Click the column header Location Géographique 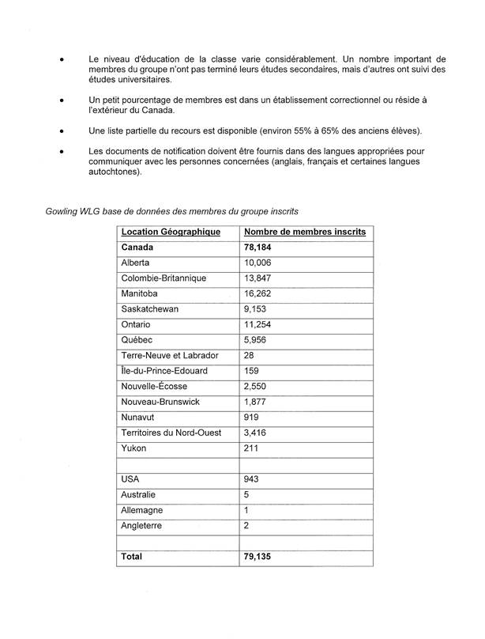pos(170,232)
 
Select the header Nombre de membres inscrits pos(305,232)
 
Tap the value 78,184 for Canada pos(258,248)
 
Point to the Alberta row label pos(135,263)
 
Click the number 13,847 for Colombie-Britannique pos(258,278)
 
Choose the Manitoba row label pos(139,293)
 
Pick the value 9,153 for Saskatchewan pos(256,309)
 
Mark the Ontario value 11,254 pos(258,324)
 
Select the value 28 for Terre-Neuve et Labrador pos(250,356)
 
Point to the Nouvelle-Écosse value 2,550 pos(256,387)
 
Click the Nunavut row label pos(137,418)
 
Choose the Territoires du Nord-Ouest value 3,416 pos(256,433)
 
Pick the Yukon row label pos(133,448)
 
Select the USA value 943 pos(252,479)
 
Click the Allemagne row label pos(141,510)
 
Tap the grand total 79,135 pos(258,557)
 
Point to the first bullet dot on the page pos(61,59)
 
